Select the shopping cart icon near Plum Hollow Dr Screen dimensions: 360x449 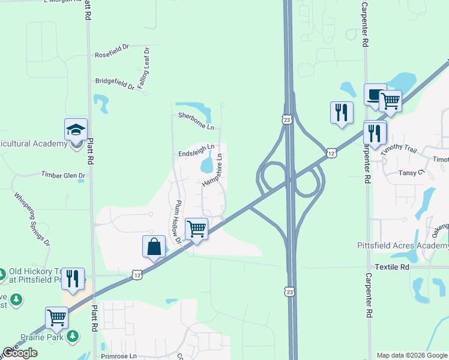coord(197,229)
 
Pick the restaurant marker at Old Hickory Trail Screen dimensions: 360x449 coord(73,279)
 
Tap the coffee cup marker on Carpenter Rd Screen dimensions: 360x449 coord(375,95)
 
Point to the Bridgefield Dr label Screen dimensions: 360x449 coord(115,84)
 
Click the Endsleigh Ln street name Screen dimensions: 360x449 coord(196,150)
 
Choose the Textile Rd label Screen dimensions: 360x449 coord(391,266)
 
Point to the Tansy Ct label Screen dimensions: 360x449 coord(412,173)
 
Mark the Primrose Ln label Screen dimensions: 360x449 coord(119,356)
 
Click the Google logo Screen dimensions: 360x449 coord(20,353)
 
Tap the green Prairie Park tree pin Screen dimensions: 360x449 coord(73,336)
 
